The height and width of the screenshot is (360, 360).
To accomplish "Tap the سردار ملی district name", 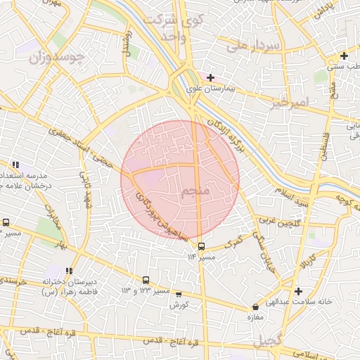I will coord(254,46).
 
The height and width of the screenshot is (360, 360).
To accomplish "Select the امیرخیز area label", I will coord(289,103).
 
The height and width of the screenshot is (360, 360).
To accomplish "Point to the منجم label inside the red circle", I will coord(194,192).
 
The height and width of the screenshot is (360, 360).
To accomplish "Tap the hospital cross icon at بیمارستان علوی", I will coord(210,77).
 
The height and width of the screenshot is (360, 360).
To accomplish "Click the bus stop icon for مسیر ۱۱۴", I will coord(202,246).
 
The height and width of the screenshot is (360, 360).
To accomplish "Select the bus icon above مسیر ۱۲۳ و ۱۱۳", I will coord(146,280).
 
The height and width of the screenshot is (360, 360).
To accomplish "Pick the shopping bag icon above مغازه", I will coord(255,307).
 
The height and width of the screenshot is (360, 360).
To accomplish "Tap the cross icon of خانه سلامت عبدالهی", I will coord(299,291).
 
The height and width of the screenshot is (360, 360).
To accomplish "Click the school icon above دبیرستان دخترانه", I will coord(68,271).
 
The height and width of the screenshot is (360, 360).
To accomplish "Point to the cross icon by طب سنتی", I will coord(344,56).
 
